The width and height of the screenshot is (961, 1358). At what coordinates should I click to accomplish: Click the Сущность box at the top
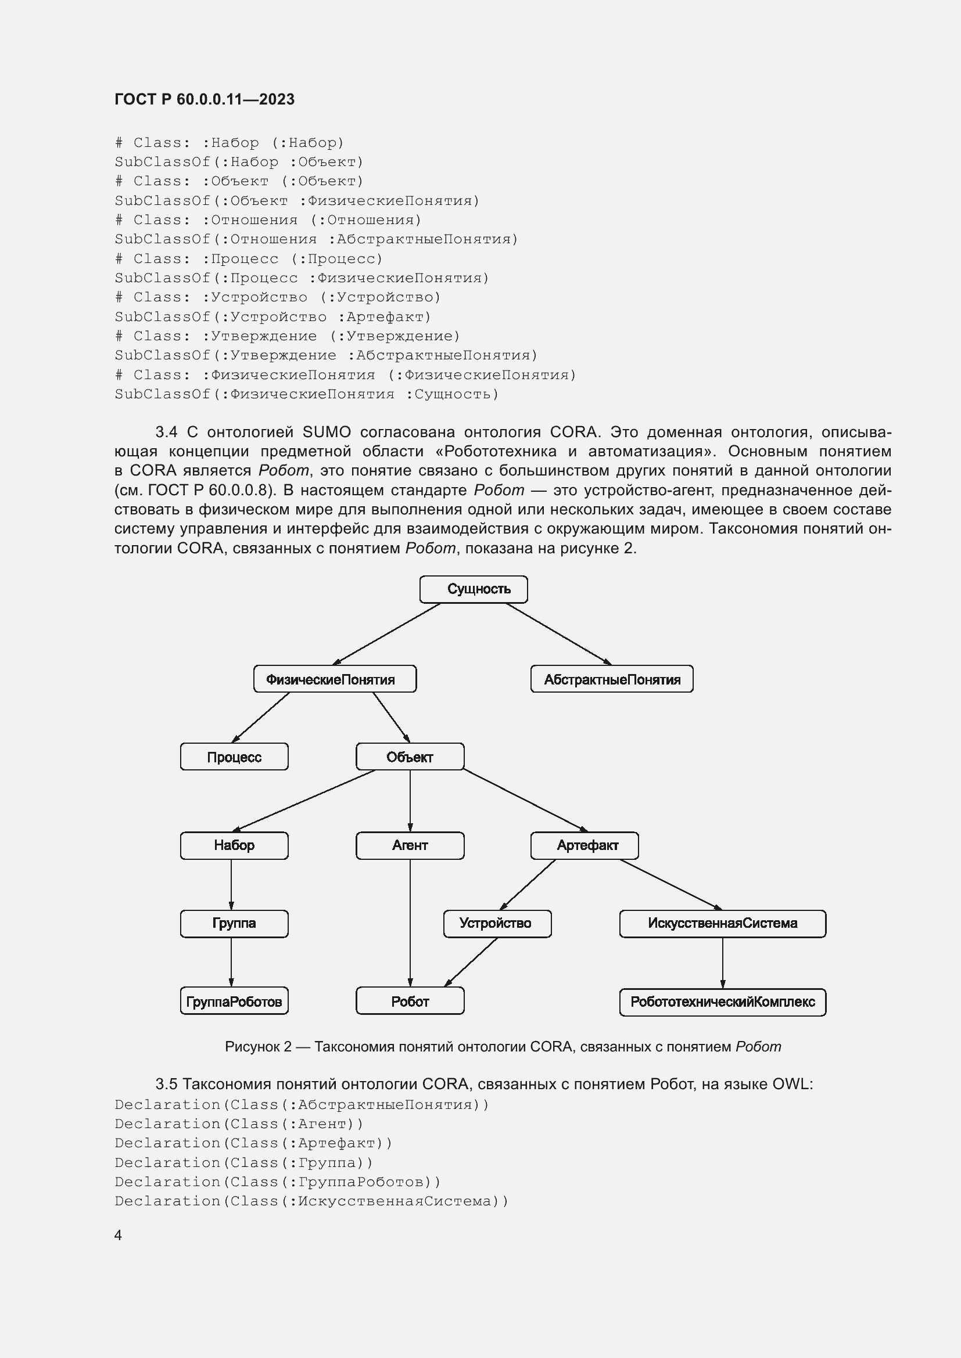coord(474,589)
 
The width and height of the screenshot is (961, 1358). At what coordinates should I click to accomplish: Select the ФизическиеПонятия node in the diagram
coord(335,679)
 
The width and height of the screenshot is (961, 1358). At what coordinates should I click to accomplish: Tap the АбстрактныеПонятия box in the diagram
coord(612,679)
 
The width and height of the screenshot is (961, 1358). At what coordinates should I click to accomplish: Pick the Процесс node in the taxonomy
coord(234,757)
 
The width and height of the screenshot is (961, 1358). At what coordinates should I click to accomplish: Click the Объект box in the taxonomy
coord(410,757)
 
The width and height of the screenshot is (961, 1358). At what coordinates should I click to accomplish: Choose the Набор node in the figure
coord(234,845)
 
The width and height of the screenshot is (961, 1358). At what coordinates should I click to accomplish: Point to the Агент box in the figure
coord(410,845)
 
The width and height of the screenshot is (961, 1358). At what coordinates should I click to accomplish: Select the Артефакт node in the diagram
coord(585,845)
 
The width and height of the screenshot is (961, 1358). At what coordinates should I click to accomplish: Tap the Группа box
coord(234,923)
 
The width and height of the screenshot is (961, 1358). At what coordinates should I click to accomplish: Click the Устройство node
coord(497,923)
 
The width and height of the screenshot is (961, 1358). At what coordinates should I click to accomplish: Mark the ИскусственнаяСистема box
coord(723,923)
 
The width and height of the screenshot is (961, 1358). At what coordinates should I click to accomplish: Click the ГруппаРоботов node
coord(234,1002)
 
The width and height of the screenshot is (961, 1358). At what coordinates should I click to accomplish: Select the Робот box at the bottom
coord(410,1002)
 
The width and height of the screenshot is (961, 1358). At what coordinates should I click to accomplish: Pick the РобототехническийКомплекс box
coord(723,1002)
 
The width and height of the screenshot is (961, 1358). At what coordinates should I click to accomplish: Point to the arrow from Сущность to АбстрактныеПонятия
coord(558,633)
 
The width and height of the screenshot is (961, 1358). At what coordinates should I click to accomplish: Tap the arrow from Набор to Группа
coord(231,884)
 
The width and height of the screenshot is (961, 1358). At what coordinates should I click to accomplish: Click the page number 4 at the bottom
coord(119,1235)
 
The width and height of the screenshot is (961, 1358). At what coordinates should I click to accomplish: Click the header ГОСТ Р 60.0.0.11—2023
coord(204,99)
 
